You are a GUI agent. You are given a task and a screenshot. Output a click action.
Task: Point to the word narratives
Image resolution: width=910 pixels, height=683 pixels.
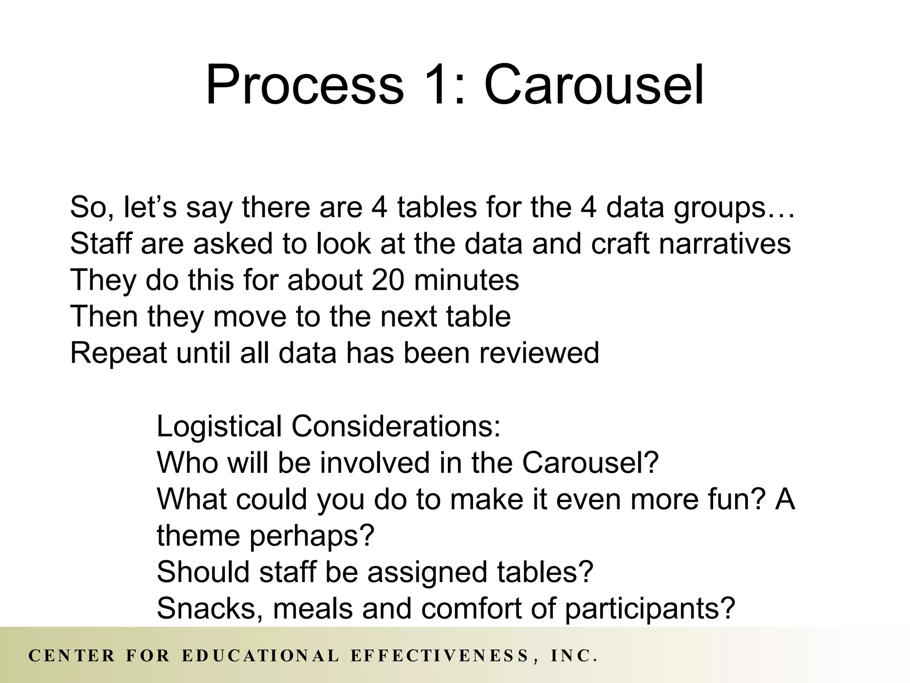click(725, 244)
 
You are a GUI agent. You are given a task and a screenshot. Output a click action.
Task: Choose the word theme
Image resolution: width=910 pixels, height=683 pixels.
click(199, 535)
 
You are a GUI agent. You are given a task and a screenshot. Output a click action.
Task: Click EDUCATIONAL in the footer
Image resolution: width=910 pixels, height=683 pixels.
click(261, 656)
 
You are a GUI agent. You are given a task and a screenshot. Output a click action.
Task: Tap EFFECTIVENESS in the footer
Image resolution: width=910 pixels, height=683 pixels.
click(440, 656)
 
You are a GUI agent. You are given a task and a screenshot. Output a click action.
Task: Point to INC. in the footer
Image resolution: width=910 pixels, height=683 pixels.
click(573, 656)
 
